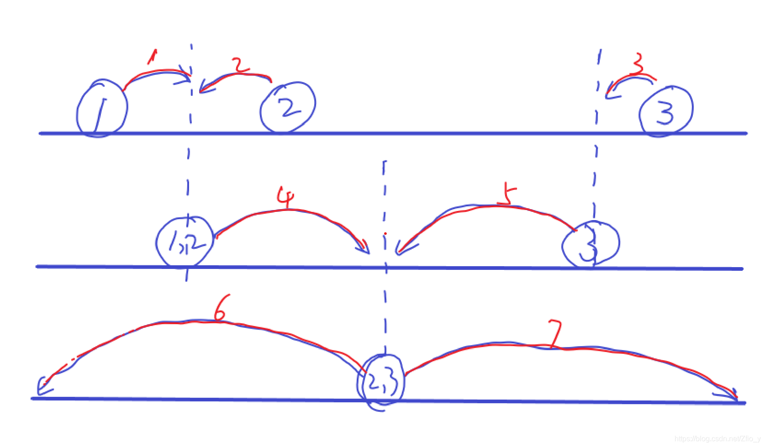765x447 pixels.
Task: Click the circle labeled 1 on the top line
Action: pyautogui.click(x=101, y=109)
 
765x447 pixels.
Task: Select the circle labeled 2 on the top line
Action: pyautogui.click(x=288, y=108)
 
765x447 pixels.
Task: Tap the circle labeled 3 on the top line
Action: pyautogui.click(x=666, y=111)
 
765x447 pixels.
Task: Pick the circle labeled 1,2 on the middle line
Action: pyautogui.click(x=185, y=242)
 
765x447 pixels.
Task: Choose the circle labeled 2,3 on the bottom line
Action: pyautogui.click(x=380, y=382)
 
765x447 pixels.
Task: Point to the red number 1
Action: pyautogui.click(x=152, y=57)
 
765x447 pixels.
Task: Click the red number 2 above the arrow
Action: pyautogui.click(x=239, y=65)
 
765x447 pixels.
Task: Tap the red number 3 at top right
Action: pyautogui.click(x=637, y=64)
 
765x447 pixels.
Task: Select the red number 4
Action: pyautogui.click(x=285, y=197)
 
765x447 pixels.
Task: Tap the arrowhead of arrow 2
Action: pyautogui.click(x=203, y=88)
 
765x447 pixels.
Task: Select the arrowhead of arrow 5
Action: pyautogui.click(x=400, y=250)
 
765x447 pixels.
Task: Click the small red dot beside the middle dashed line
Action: pyautogui.click(x=385, y=234)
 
